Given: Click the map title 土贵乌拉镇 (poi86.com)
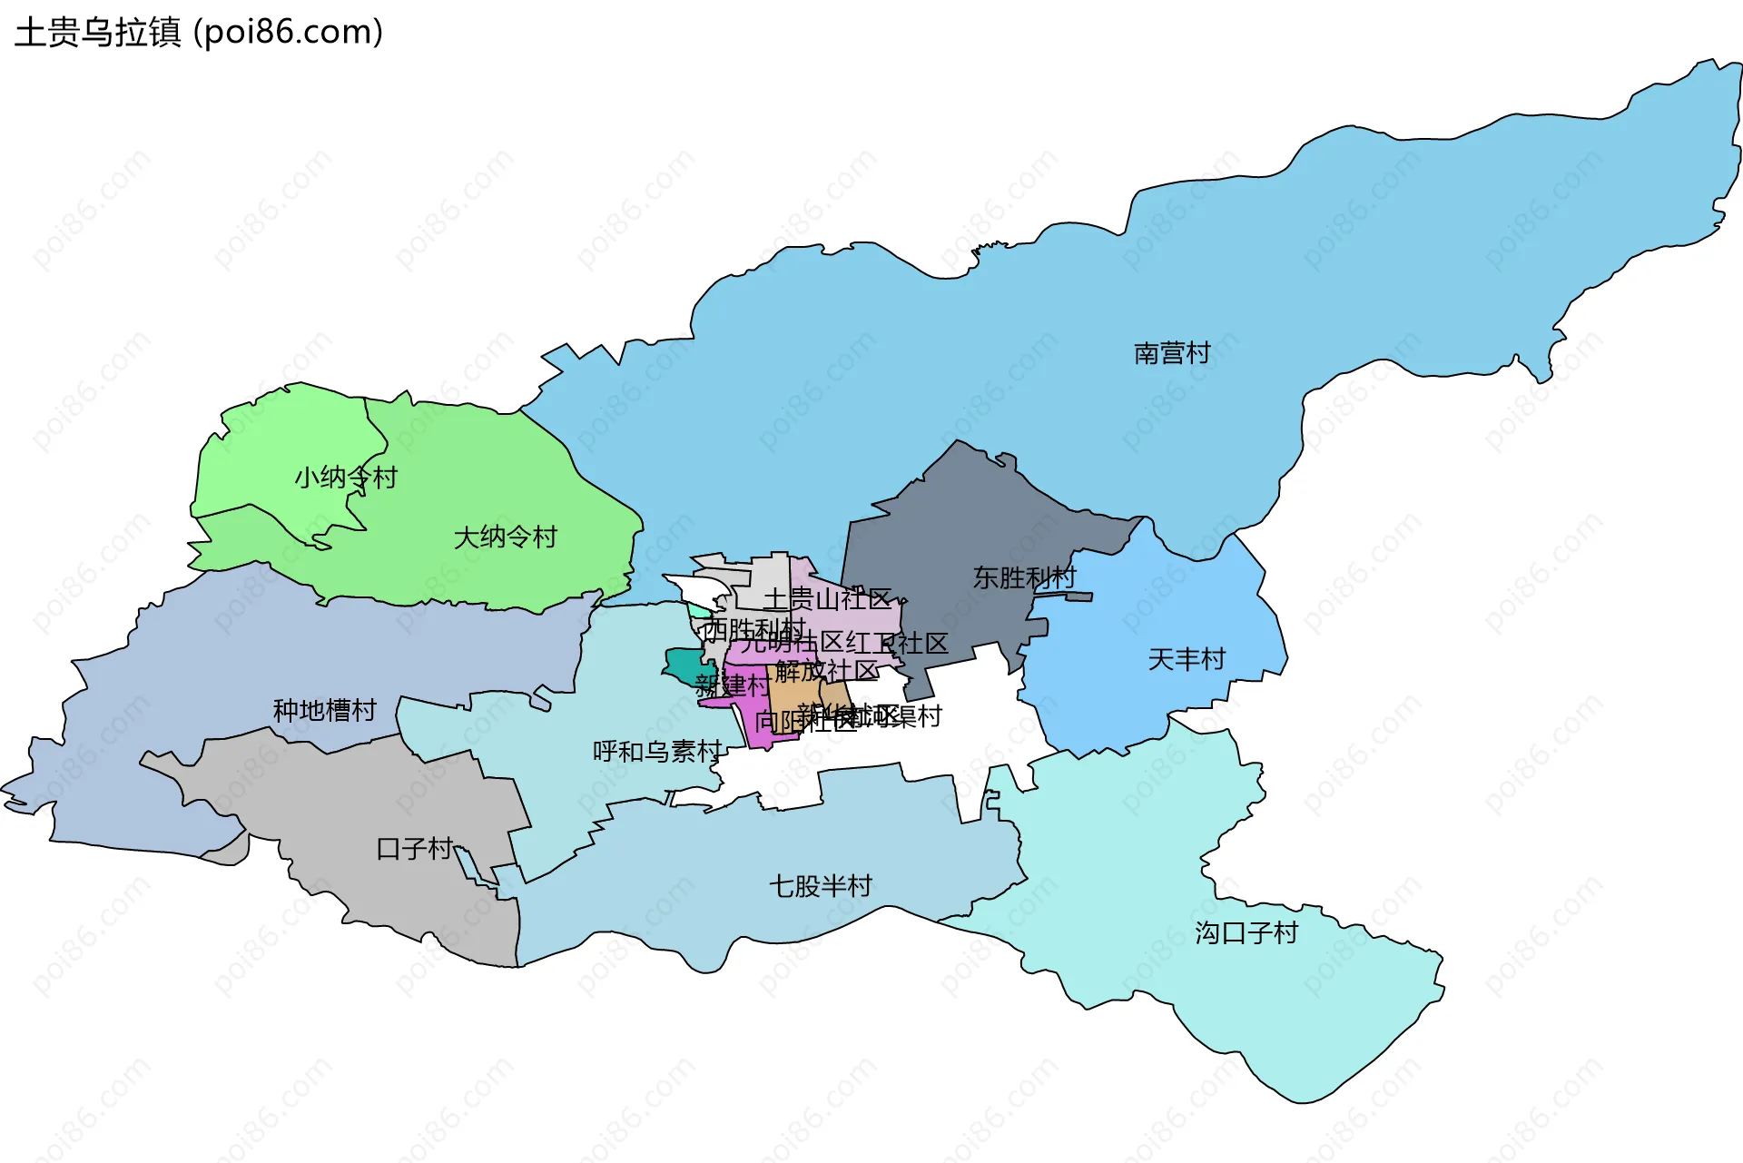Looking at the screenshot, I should [x=199, y=33].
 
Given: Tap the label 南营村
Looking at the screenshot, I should [x=1172, y=353].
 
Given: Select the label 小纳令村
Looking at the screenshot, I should [x=346, y=478].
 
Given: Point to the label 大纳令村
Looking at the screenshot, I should [x=505, y=537].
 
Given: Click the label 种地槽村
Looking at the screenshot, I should [x=324, y=710].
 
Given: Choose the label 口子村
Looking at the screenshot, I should [x=414, y=849].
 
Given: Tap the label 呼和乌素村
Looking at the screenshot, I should [x=657, y=752].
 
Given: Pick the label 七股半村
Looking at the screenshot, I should [x=821, y=886].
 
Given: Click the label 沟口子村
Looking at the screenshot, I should [x=1246, y=933].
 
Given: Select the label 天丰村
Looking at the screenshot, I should [x=1187, y=659].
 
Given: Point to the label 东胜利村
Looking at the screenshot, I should [x=1024, y=577].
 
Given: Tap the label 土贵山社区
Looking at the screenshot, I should [x=827, y=599].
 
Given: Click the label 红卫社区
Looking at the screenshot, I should [x=897, y=644].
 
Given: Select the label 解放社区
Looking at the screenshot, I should [x=826, y=671].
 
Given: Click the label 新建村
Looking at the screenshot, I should [x=732, y=685].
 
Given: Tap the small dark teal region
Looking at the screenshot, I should [x=687, y=665].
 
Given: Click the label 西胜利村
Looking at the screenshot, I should [x=753, y=628].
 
